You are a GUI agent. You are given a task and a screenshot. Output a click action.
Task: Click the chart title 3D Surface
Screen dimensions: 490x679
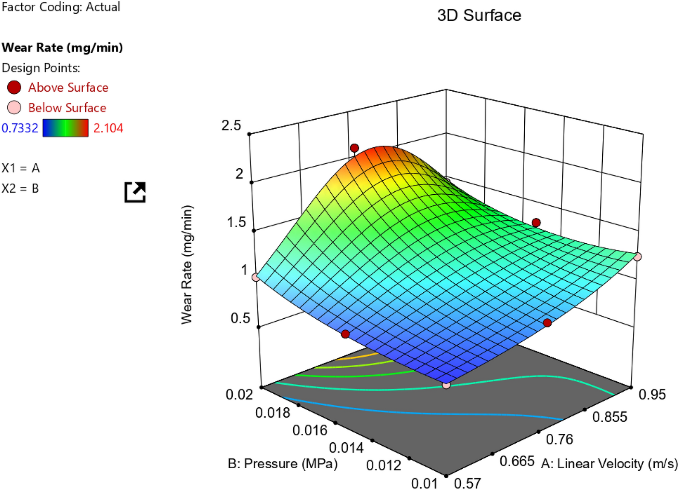click(479, 15)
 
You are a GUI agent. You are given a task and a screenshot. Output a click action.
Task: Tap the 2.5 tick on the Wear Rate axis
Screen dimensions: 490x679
click(231, 125)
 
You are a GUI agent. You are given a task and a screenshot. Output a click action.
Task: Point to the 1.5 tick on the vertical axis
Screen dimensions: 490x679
click(237, 222)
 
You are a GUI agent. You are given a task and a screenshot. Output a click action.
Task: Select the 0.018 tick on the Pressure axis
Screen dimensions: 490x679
click(272, 412)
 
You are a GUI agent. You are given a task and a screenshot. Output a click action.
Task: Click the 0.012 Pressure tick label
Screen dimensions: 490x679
click(384, 465)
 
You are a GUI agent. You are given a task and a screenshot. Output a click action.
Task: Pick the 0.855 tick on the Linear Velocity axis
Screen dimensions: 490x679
click(610, 417)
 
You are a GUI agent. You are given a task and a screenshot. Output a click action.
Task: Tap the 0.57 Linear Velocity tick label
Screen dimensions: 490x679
click(467, 483)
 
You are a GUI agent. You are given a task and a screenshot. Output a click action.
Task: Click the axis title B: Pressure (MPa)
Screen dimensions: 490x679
click(283, 463)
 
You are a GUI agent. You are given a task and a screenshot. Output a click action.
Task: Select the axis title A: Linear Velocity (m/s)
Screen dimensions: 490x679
click(609, 463)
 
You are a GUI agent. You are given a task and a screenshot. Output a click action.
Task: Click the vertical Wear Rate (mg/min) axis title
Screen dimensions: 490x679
click(187, 265)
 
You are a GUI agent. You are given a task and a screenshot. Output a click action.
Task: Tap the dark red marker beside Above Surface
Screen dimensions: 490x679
click(14, 87)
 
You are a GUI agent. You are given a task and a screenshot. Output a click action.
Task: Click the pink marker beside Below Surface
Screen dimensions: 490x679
click(14, 107)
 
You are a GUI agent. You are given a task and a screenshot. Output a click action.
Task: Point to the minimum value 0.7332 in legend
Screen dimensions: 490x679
click(20, 128)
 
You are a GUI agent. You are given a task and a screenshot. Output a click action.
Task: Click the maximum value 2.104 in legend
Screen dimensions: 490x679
click(108, 128)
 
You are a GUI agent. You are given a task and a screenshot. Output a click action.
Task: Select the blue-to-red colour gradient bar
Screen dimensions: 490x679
click(66, 128)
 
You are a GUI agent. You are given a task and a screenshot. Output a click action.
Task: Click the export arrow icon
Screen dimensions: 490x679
click(135, 192)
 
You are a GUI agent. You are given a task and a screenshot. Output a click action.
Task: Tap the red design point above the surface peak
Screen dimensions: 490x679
click(354, 148)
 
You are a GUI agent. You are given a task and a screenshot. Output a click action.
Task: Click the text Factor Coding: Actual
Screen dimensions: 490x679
click(61, 7)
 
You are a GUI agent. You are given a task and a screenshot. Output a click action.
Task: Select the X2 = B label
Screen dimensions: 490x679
click(20, 188)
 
